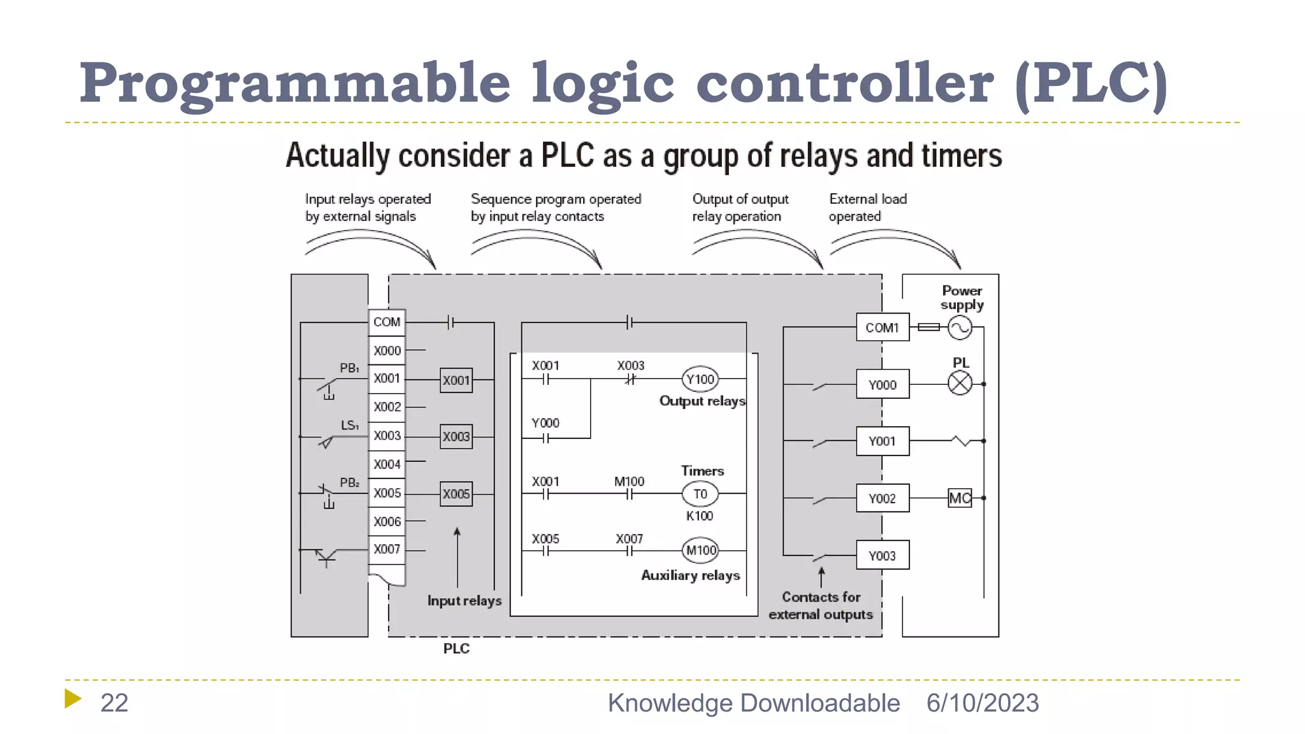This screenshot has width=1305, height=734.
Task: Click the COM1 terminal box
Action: point(883,327)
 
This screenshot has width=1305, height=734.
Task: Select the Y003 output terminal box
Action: point(883,556)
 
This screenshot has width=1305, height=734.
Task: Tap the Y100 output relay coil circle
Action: point(700,380)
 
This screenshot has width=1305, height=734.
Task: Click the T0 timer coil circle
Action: point(700,494)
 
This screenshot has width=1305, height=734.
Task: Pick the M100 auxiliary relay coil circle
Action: point(700,550)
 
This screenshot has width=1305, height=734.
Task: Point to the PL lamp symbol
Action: point(960,384)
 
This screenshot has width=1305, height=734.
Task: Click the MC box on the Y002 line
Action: point(960,498)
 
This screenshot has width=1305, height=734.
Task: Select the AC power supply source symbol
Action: point(960,328)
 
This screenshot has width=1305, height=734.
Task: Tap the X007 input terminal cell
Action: point(387,549)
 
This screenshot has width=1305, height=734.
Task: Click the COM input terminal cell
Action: point(387,322)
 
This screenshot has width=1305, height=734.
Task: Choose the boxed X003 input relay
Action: point(456,437)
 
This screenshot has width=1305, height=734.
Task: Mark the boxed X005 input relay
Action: point(456,494)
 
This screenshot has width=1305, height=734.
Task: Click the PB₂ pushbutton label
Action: point(349,483)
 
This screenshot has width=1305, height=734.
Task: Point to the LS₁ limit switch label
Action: point(349,425)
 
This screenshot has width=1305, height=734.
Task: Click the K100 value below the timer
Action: point(700,516)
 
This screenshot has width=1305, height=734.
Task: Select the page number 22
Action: point(115,703)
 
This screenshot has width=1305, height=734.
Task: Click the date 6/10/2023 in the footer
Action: point(983,703)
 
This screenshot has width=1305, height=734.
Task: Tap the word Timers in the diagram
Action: point(702,471)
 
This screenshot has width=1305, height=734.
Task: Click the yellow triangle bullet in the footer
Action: point(73,698)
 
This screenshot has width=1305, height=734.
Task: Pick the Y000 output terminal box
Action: point(883,385)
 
